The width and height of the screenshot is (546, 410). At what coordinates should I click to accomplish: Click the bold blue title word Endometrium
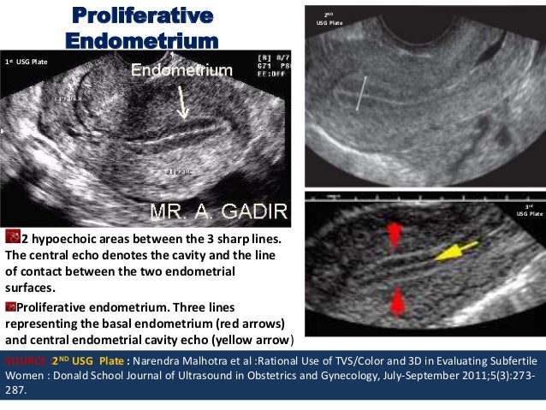(141, 41)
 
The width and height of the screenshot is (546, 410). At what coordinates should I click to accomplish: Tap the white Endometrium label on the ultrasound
(181, 70)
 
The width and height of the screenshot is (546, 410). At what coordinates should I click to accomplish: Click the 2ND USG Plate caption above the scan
(329, 18)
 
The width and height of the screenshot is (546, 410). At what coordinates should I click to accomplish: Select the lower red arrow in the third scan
(395, 300)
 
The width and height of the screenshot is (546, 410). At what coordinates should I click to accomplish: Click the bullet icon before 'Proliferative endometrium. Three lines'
(10, 306)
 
